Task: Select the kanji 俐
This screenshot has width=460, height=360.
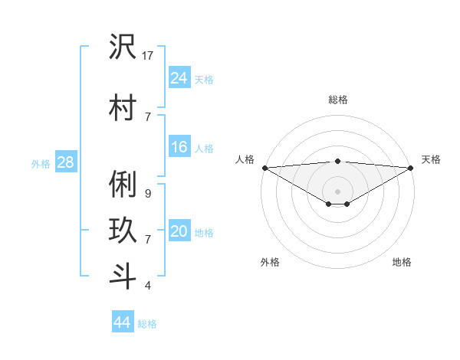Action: coord(123,185)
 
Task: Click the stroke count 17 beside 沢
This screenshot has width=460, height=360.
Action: coord(149,56)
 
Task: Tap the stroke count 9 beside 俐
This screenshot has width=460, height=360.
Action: coord(147,194)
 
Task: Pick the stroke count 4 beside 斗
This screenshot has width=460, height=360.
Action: coord(147,286)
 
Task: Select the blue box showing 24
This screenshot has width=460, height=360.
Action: coord(179,77)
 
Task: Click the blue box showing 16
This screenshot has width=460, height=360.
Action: coord(179,147)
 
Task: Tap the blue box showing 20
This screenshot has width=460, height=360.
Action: coord(179,231)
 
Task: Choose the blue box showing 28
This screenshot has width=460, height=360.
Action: coord(65,162)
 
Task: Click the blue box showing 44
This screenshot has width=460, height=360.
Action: coord(123,322)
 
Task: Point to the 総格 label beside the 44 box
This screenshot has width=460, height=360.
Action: coord(148,324)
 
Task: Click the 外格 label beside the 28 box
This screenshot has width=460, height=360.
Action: coord(41,163)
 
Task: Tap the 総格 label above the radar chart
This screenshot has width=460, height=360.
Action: coord(337,100)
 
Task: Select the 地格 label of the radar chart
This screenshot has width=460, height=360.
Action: coord(402,262)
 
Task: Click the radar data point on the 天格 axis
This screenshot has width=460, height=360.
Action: coord(411,168)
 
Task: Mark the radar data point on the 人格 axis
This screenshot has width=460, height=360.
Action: coord(264,168)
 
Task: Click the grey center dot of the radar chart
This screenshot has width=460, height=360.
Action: coord(337,190)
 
